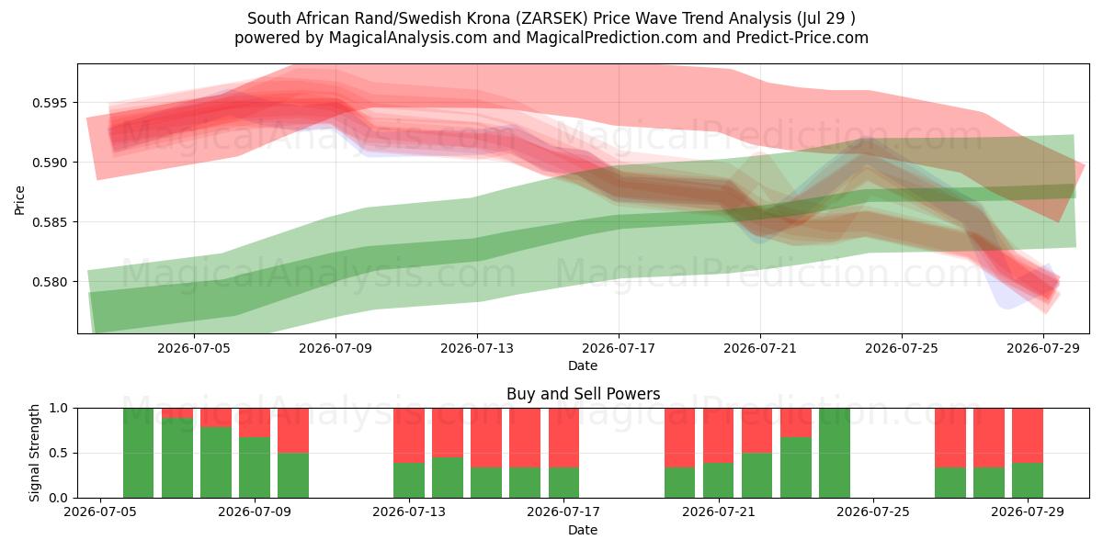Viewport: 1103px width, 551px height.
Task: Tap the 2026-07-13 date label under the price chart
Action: pyautogui.click(x=477, y=349)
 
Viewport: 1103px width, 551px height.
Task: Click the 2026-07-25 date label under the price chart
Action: pyautogui.click(x=902, y=349)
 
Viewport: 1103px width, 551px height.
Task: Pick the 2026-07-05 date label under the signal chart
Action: pyautogui.click(x=100, y=512)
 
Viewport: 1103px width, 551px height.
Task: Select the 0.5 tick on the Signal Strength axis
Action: pyautogui.click(x=59, y=453)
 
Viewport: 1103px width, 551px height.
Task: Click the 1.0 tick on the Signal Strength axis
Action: pyautogui.click(x=59, y=409)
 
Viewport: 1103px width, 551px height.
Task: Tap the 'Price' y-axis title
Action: pyautogui.click(x=19, y=201)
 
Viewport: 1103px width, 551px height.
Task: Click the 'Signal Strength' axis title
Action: pyautogui.click(x=34, y=453)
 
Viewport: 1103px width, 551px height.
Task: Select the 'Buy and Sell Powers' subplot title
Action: pyautogui.click(x=583, y=394)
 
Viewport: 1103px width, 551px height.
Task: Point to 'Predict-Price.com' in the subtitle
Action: pyautogui.click(x=802, y=38)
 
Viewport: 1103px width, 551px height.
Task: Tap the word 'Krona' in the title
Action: pyautogui.click(x=486, y=18)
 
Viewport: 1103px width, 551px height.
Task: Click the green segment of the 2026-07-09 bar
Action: pyautogui.click(x=255, y=467)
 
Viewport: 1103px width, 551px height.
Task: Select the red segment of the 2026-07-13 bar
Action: pyautogui.click(x=409, y=435)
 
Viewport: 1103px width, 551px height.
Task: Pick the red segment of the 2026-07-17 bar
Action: pyautogui.click(x=563, y=438)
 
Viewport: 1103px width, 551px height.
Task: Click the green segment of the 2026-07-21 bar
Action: pyautogui.click(x=719, y=480)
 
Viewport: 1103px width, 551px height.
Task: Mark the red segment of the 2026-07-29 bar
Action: pyautogui.click(x=1028, y=435)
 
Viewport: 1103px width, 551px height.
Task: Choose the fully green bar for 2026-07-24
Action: pyautogui.click(x=835, y=453)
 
